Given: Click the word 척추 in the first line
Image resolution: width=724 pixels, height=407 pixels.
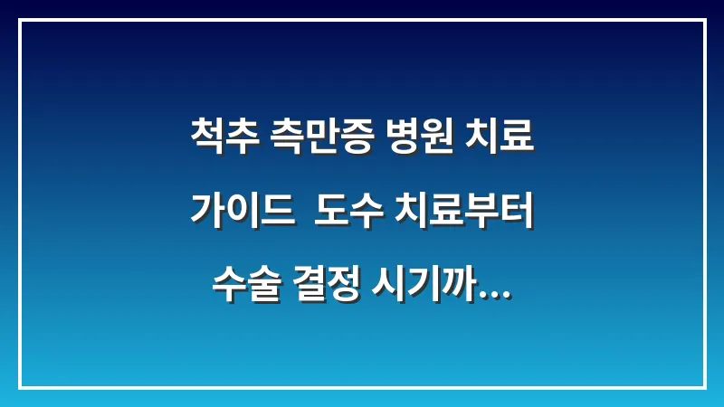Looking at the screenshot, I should coord(223,138).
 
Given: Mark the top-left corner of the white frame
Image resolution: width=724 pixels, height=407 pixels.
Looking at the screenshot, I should coord(20,20).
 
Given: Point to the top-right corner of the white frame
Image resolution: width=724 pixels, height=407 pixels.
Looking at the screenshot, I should coord(704,20).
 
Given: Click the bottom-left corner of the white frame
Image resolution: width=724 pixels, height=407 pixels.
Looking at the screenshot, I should coord(20,387).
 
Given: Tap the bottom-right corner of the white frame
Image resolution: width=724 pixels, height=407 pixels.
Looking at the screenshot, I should coord(704,387).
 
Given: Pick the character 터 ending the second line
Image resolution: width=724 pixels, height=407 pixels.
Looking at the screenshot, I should coord(517,210).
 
